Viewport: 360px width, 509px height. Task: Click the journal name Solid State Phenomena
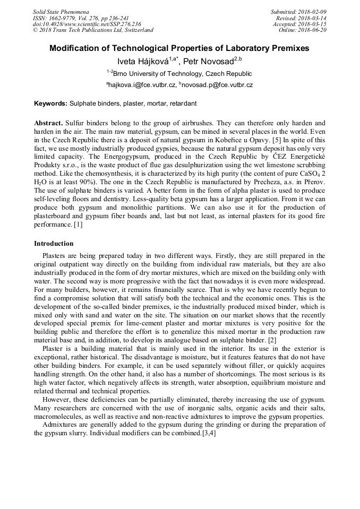tap(61, 12)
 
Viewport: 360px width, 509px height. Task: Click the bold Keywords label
tap(51, 103)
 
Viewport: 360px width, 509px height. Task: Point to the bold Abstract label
tap(49, 123)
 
